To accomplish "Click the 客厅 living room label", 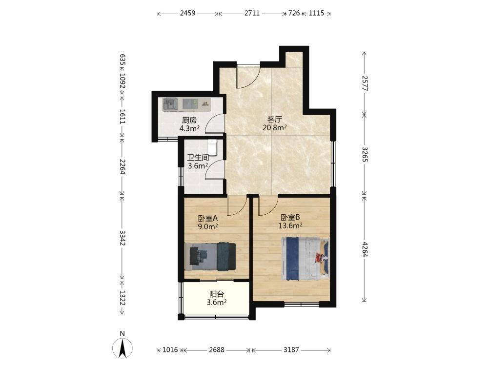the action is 274,119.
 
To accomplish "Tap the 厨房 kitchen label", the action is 189,120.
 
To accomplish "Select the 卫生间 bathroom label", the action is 198,158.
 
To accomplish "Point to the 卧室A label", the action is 208,218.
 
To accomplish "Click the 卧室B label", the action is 290,217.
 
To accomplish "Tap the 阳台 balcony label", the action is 217,294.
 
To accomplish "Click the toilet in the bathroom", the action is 212,147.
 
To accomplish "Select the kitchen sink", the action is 170,104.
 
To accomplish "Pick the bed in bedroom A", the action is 210,256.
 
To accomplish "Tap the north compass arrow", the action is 122,347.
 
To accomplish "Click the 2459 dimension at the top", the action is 188,13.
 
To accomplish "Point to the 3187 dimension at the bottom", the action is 291,350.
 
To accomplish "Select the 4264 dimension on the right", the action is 365,248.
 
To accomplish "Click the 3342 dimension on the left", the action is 122,238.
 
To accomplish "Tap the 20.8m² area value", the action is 274,127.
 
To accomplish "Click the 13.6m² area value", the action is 290,225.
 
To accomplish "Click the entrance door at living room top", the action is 248,76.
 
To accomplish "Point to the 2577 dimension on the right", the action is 365,83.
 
